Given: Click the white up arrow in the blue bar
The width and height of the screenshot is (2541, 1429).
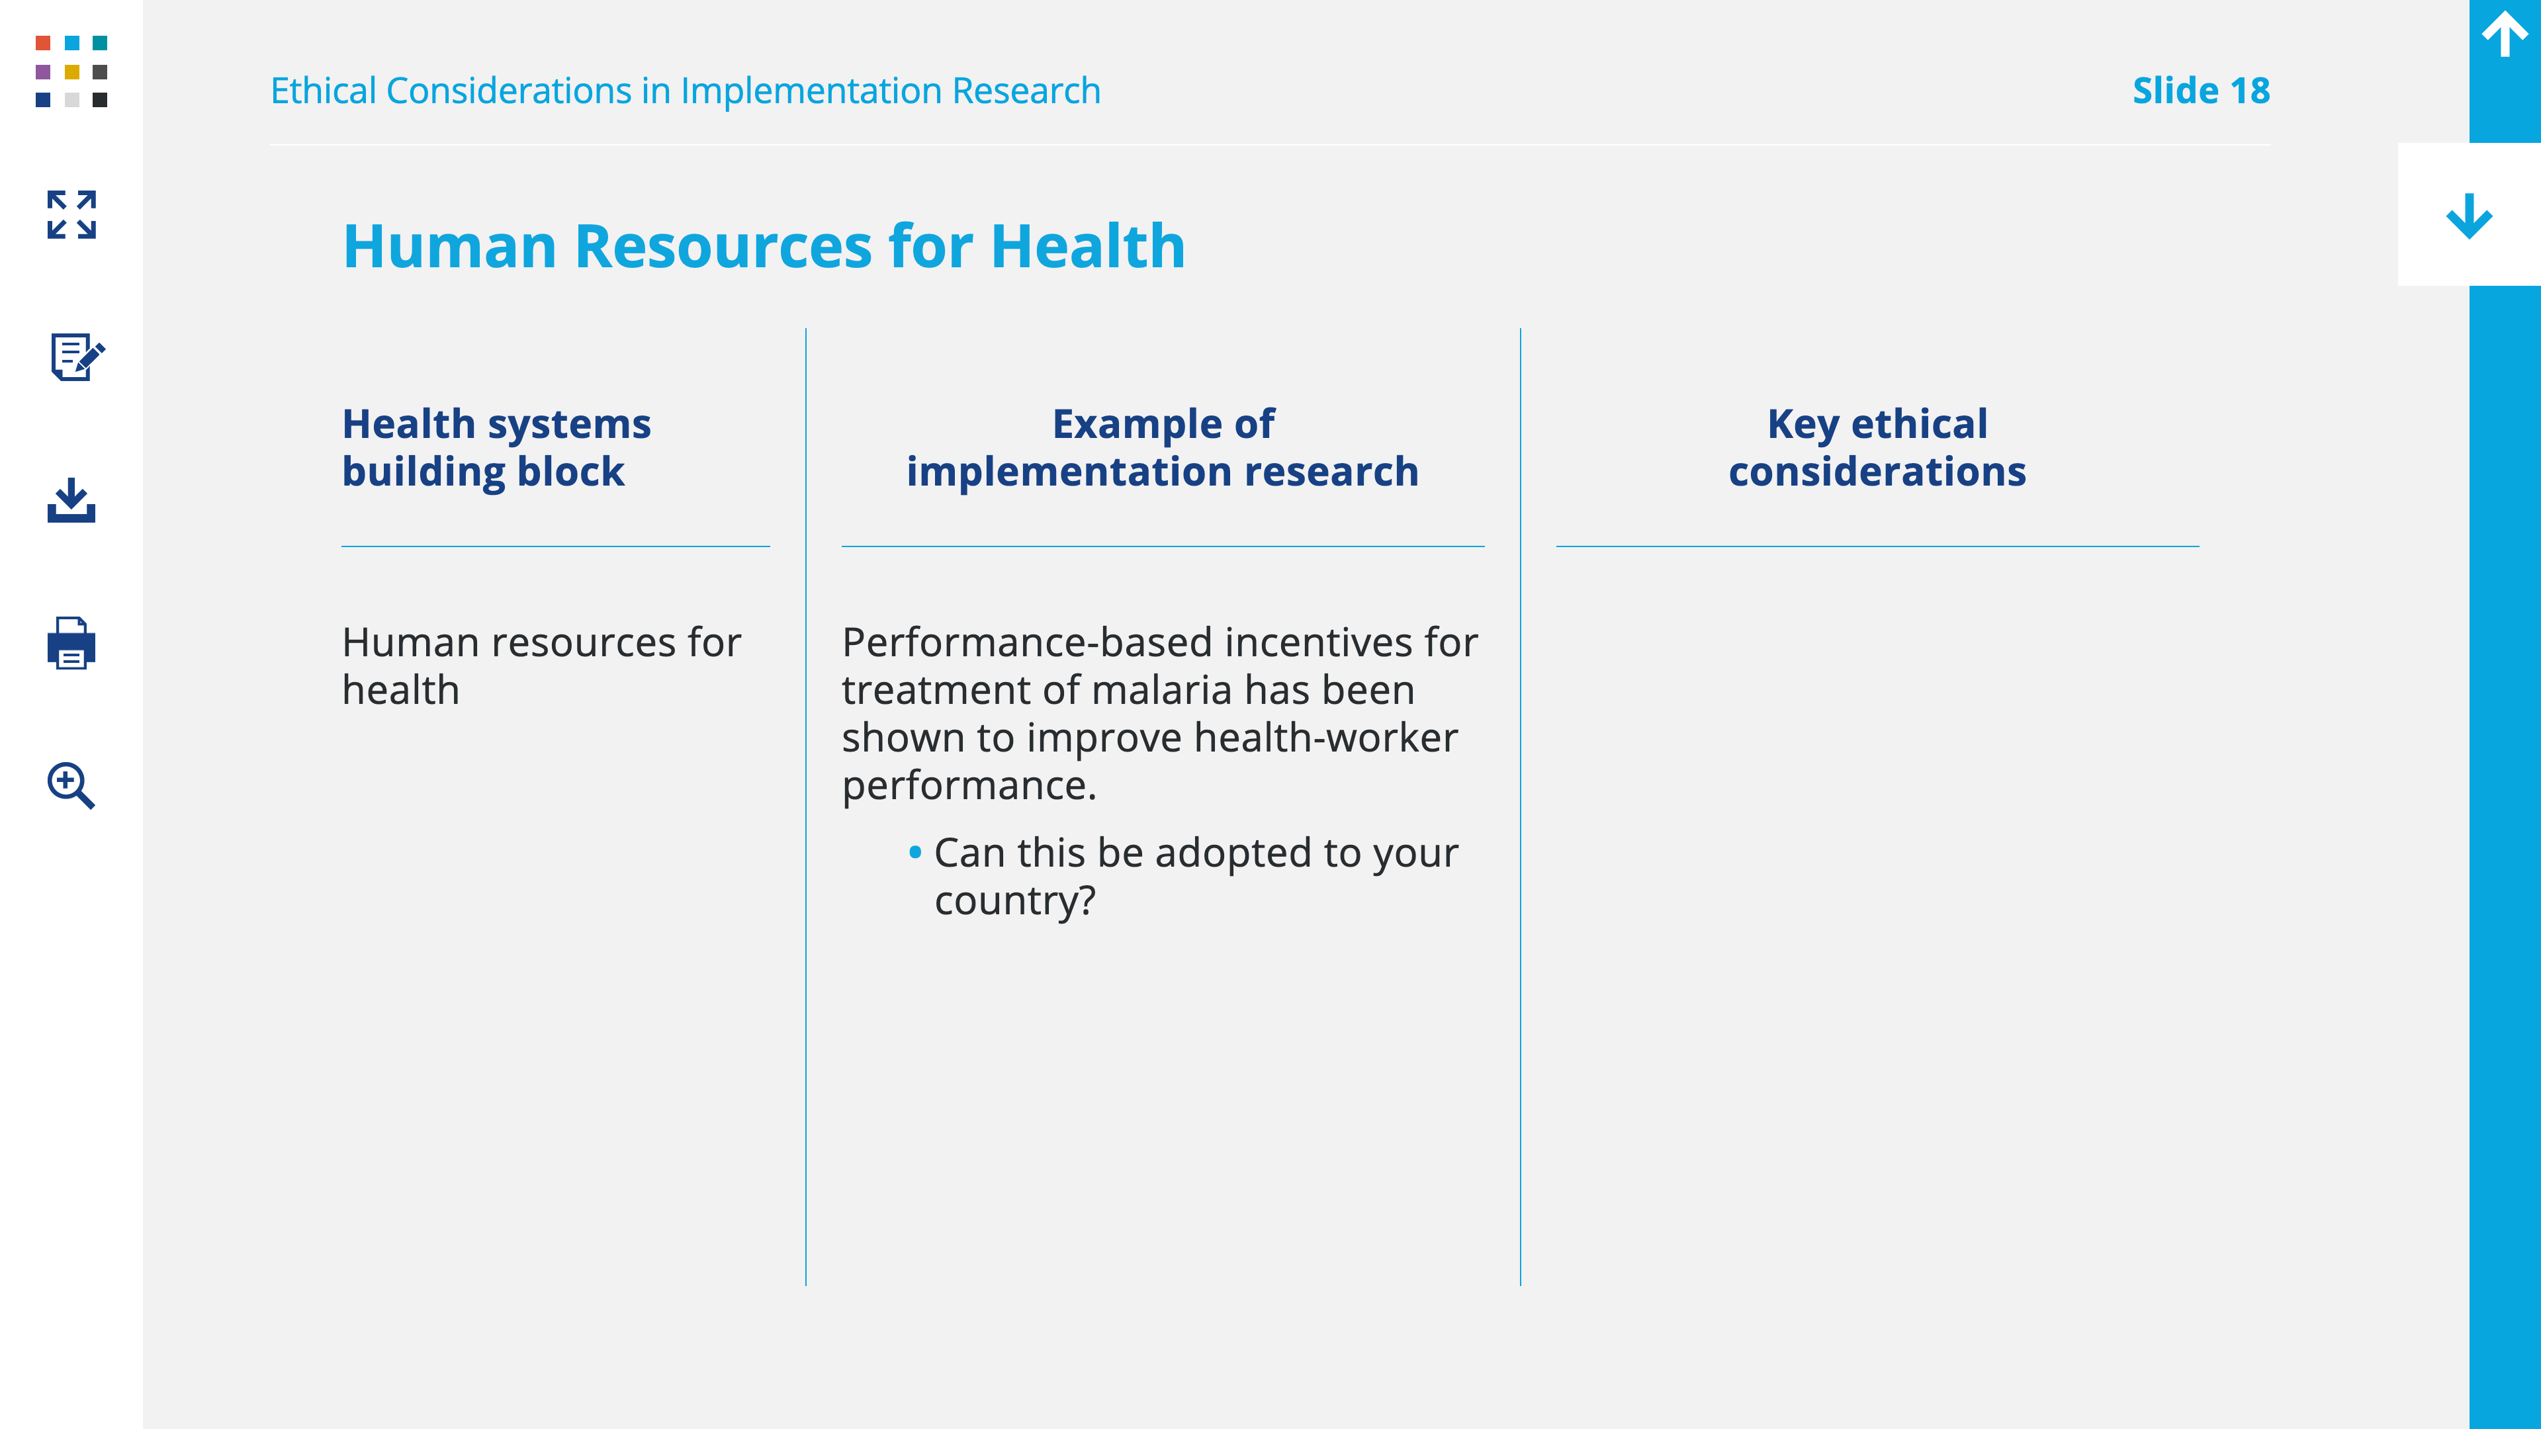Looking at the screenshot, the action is point(2505,34).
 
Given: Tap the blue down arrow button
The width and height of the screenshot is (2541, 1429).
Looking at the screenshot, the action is point(2469,215).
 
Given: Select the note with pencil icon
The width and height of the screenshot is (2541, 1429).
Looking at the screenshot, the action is point(77,356).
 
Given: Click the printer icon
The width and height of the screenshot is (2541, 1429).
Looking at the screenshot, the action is point(71,643).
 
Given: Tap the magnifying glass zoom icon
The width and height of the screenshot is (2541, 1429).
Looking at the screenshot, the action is point(71,785).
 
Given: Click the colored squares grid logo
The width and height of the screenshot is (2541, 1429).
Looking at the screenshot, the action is point(71,71).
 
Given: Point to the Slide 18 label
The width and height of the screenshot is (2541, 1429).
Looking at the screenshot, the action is point(2201,91).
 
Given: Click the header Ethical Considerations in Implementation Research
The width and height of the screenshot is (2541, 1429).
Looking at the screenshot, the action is point(686,91).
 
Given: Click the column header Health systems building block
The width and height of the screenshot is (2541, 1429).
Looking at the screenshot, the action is point(496,448).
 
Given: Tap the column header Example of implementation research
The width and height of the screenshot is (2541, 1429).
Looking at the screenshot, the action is point(1163,448).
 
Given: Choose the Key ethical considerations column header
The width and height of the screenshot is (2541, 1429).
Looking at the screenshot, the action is point(1877,448).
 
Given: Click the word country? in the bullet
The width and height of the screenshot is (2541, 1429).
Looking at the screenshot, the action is point(1015,901).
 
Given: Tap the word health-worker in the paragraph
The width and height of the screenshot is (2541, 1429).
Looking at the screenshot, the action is point(1325,738).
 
